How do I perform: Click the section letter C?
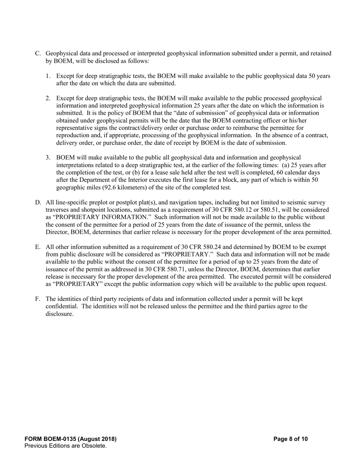coord(38,54)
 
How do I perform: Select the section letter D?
coord(38,203)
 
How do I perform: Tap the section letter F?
coord(38,299)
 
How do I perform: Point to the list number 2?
coord(48,99)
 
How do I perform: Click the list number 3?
coord(48,158)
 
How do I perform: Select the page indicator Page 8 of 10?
coord(291,439)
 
